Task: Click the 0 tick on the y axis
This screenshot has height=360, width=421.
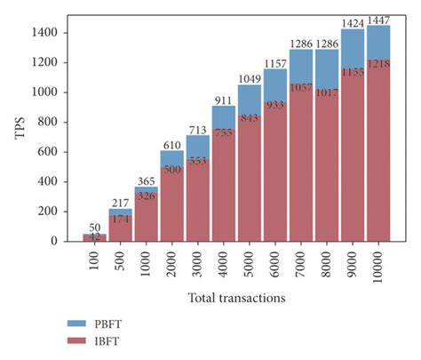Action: tap(57, 241)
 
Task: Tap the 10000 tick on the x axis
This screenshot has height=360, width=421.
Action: tap(379, 267)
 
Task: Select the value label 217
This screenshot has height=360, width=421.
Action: tap(121, 202)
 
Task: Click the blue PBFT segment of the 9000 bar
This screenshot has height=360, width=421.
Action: tap(353, 49)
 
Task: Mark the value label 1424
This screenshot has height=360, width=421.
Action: tap(353, 22)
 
